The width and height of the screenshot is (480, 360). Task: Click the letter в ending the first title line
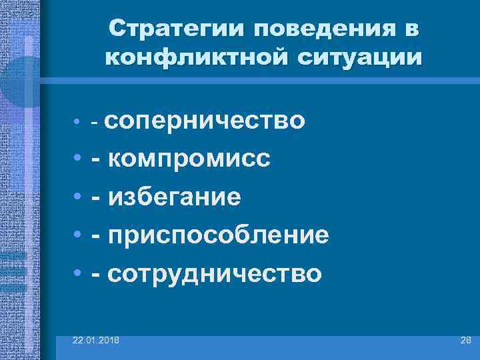click(411, 30)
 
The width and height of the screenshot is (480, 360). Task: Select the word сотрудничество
click(214, 273)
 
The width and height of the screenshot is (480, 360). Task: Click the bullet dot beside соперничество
click(78, 123)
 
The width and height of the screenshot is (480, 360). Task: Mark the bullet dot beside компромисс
click(78, 159)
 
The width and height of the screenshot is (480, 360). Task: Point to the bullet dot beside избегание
click(78, 197)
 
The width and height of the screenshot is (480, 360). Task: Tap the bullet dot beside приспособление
click(78, 235)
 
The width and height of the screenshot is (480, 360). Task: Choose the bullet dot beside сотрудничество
click(78, 273)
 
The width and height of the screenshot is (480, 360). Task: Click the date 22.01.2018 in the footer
click(97, 341)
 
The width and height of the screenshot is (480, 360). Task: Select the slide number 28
click(466, 341)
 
